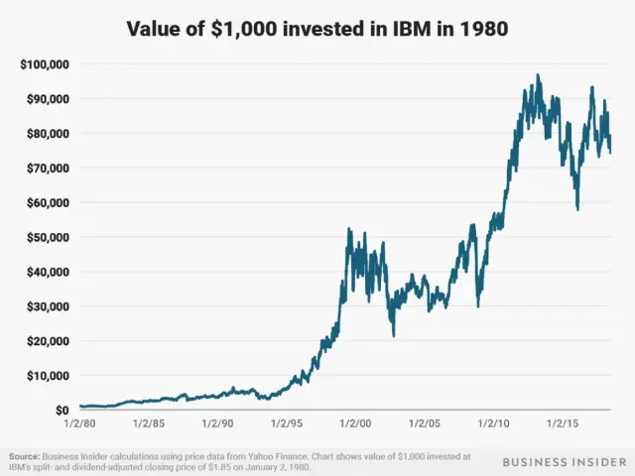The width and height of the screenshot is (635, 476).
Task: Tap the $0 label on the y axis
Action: pos(61,410)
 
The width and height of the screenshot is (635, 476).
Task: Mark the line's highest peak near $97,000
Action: pos(538,75)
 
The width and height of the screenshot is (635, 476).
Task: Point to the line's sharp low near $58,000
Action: pos(577,208)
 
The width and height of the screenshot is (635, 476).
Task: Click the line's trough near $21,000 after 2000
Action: pos(394,335)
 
